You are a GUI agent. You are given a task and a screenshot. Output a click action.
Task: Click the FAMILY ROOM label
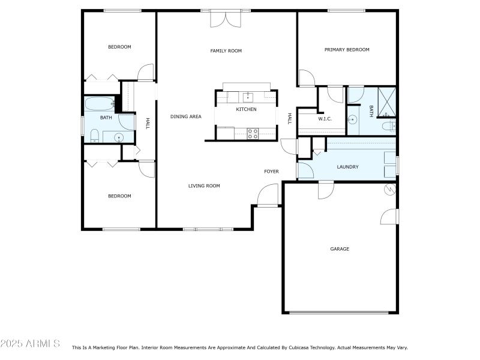226,51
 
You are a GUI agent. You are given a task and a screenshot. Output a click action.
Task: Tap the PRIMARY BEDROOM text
347,50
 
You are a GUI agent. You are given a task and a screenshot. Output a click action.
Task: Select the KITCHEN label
246,109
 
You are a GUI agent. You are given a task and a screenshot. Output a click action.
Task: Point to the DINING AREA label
185,116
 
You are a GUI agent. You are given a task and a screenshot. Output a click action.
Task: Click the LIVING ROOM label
204,186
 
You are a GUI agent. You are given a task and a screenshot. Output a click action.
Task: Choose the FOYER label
271,172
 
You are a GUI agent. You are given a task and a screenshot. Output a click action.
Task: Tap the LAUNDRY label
347,167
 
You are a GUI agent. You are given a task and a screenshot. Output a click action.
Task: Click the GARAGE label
340,249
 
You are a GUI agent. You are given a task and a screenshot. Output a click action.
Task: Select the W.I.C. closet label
325,119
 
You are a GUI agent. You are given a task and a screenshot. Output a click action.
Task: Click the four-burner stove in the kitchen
253,133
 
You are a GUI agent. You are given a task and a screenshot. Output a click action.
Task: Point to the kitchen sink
248,97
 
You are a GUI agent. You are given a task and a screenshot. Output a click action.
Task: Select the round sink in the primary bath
353,119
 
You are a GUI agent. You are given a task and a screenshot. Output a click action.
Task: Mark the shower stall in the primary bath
386,102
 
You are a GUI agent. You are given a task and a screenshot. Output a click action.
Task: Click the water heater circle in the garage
390,190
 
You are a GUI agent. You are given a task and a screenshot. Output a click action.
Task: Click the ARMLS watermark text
30,344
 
